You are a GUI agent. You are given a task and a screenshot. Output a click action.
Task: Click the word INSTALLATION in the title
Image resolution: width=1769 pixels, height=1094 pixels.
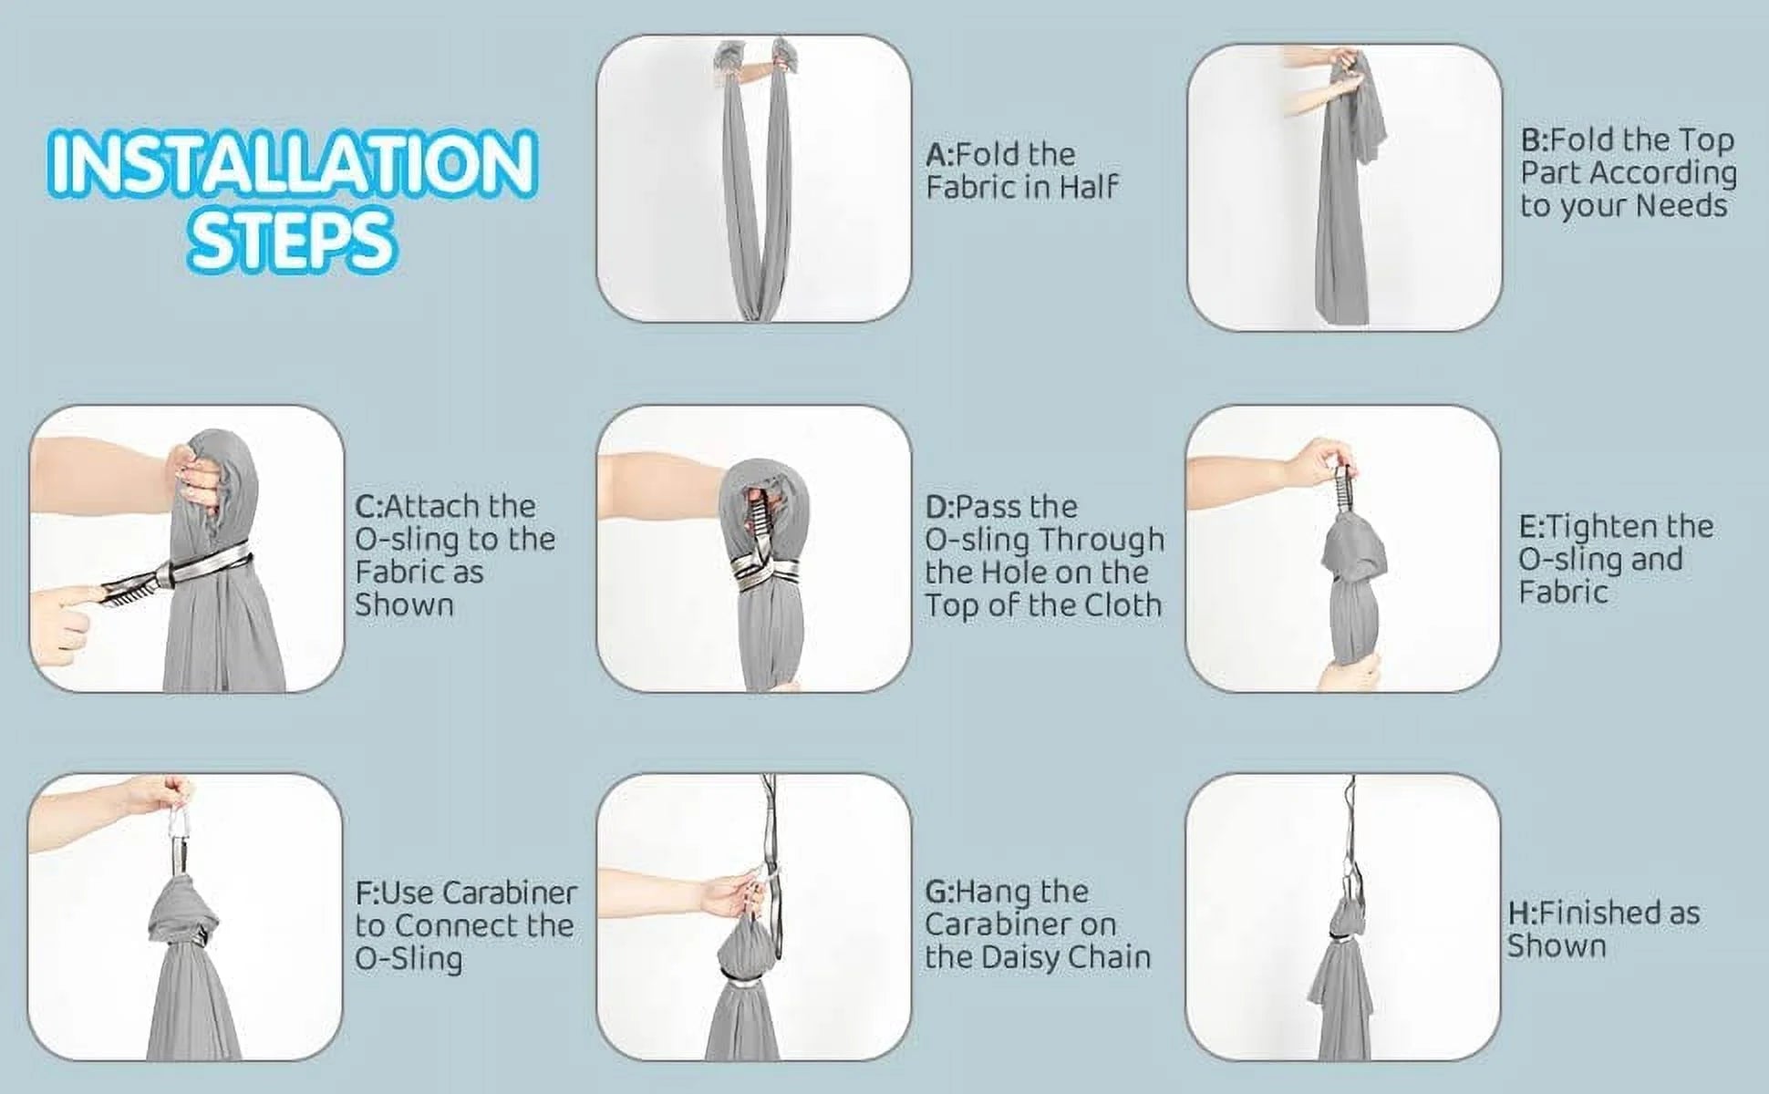(292, 165)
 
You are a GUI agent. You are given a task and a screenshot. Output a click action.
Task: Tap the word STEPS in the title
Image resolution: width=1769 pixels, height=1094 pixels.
(292, 240)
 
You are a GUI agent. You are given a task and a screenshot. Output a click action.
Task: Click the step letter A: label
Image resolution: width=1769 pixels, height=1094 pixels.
(940, 155)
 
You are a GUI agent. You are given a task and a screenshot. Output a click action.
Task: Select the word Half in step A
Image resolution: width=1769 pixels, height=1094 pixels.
(1088, 188)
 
